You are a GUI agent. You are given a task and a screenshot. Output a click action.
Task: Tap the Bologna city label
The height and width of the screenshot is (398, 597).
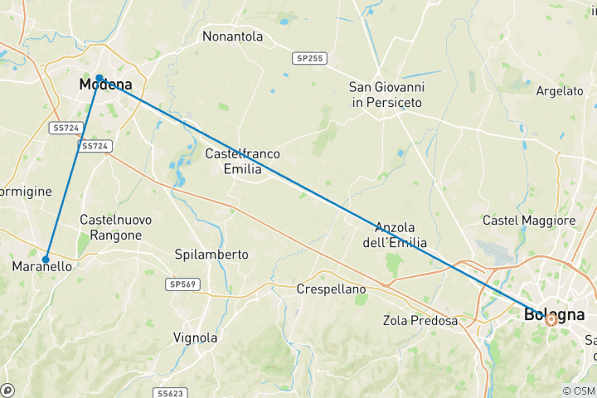point(554,315)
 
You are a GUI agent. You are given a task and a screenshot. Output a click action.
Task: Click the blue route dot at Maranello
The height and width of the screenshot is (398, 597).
point(46,259)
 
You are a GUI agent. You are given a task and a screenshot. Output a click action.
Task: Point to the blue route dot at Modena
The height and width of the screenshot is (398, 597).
point(99,78)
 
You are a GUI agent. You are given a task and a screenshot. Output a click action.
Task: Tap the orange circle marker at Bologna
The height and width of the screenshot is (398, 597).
point(551,319)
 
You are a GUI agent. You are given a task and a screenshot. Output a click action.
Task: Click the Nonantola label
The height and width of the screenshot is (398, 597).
point(233,36)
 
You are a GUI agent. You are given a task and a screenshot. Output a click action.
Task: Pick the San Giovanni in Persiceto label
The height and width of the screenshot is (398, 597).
point(386,94)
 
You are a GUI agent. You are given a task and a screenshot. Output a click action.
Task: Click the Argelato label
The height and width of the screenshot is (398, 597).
point(560,90)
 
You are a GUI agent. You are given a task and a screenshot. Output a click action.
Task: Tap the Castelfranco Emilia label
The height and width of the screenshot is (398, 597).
point(243,161)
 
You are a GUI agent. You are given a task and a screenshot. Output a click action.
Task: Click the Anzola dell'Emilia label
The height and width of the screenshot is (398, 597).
point(400,235)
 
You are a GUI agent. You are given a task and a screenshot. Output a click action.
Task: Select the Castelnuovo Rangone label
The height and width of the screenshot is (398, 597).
point(111,227)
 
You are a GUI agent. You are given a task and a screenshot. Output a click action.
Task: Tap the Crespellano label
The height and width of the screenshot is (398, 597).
point(332,289)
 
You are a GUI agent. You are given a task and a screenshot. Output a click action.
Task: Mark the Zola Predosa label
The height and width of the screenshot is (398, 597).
point(420,320)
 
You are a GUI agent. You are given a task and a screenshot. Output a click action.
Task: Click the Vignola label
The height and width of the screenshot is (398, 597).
point(196,337)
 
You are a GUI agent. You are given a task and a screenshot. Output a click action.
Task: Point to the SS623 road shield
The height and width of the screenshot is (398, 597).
point(171,392)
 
